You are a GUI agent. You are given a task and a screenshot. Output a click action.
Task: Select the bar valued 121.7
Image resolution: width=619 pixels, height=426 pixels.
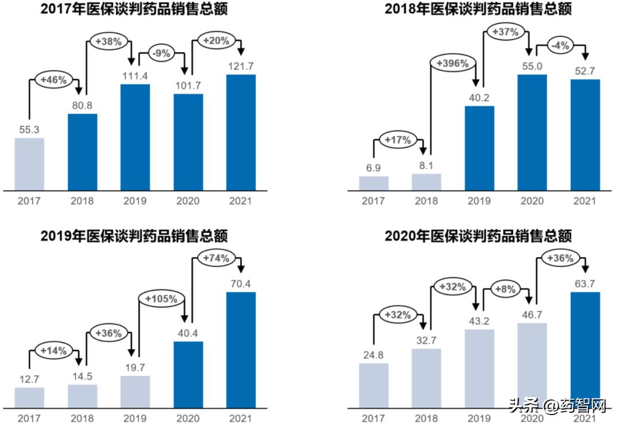pyautogui.click(x=241, y=132)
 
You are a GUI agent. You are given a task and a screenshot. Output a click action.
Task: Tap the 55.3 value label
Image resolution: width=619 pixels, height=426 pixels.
pyautogui.click(x=29, y=130)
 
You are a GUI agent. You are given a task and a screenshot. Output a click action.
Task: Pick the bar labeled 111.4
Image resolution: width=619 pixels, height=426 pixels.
pyautogui.click(x=135, y=137)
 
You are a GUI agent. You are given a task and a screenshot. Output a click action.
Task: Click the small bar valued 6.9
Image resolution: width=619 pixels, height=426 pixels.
pyautogui.click(x=374, y=183)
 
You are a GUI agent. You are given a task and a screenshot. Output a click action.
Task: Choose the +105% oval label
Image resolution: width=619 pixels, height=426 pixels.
pyautogui.click(x=162, y=299)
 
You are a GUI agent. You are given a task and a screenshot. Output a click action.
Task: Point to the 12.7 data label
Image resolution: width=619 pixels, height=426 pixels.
pyautogui.click(x=29, y=379)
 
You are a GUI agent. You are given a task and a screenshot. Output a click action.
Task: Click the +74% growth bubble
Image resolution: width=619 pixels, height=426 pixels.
pyautogui.click(x=217, y=258)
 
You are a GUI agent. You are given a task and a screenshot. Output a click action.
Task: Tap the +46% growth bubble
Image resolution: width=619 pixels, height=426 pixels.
pyautogui.click(x=54, y=80)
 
